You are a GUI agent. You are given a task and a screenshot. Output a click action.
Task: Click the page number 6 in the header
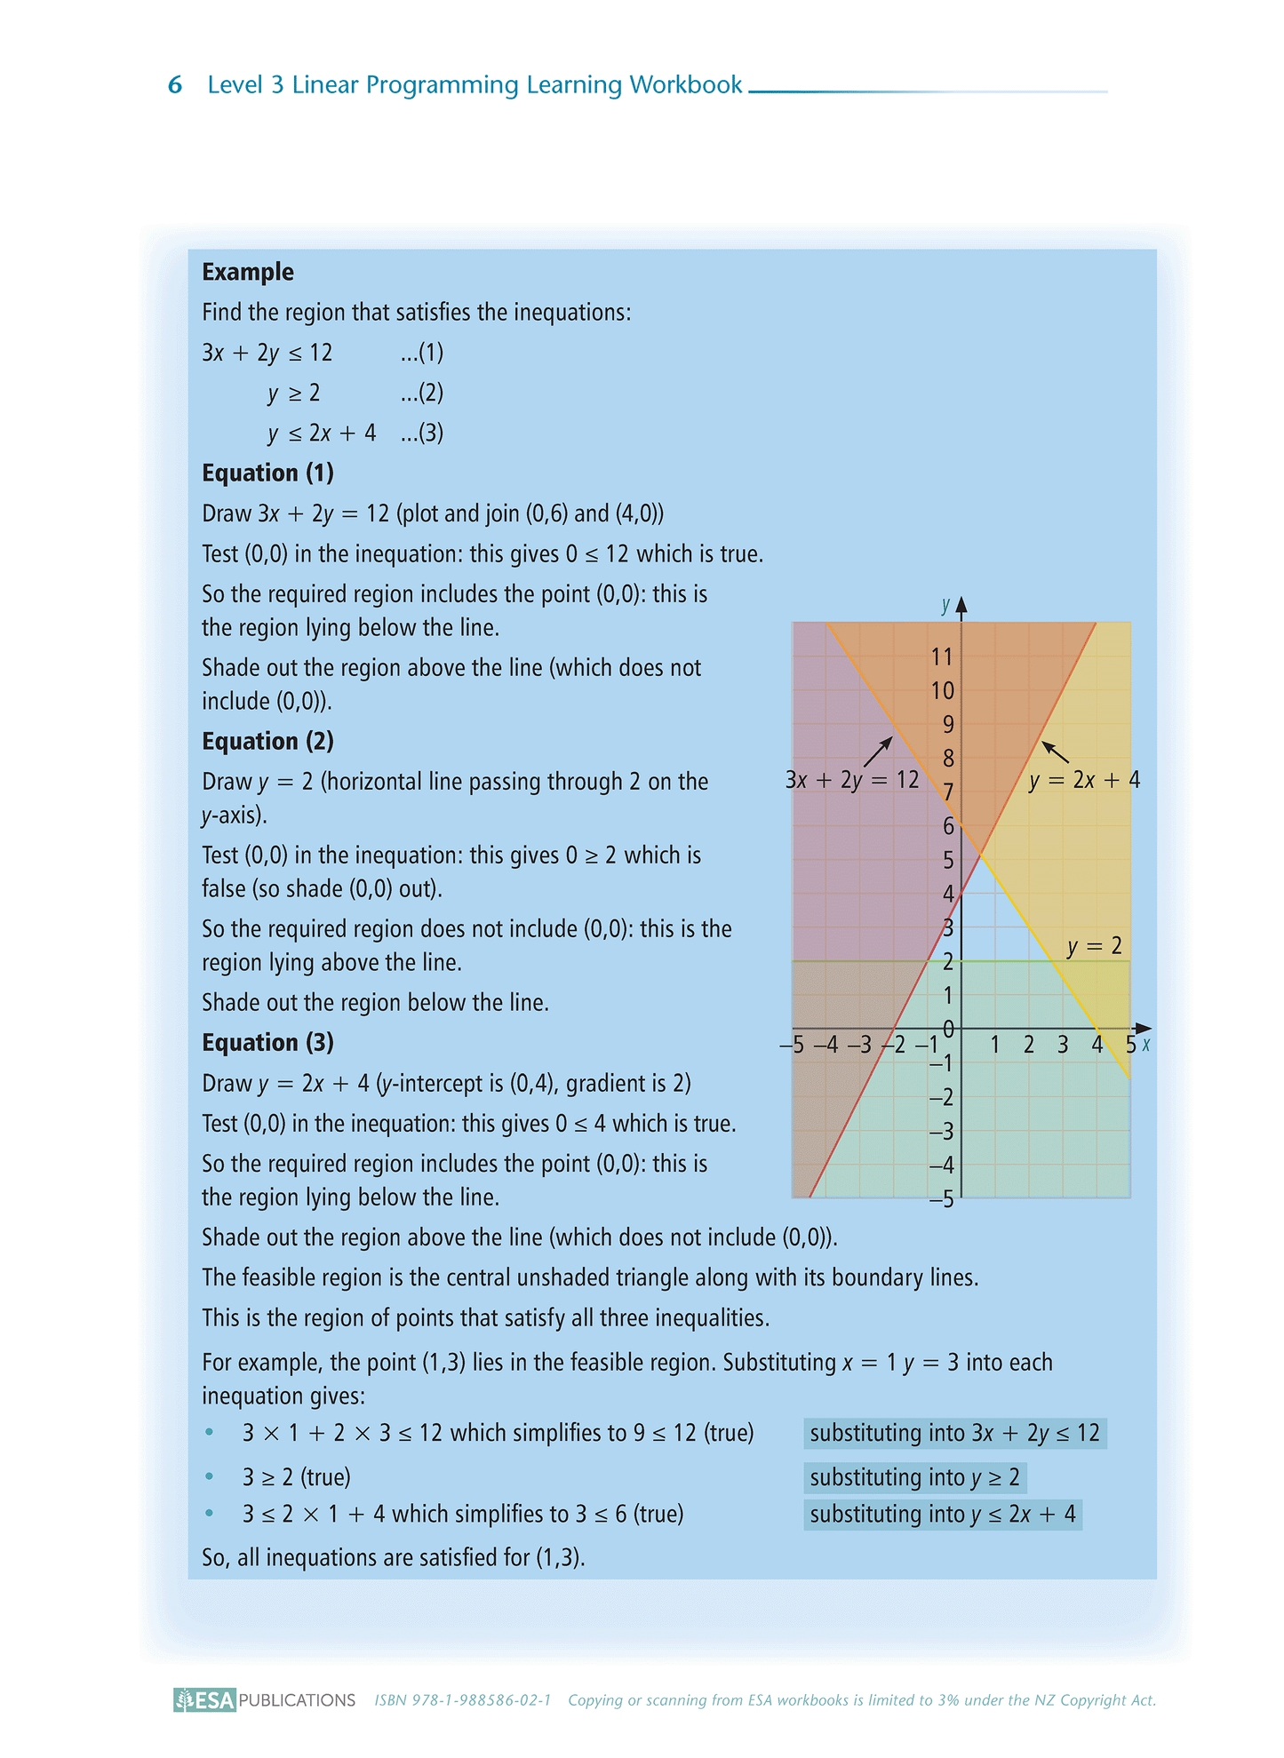[x=175, y=85]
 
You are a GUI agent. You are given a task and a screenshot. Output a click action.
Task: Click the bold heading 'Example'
[x=247, y=272]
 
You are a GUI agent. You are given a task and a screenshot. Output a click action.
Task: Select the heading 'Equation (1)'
[x=267, y=473]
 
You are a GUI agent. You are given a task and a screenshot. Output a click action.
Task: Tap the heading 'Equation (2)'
[x=267, y=741]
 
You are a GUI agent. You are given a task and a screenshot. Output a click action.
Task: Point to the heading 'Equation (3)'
[x=267, y=1042]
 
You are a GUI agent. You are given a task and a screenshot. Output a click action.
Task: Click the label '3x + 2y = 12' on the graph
[x=852, y=780]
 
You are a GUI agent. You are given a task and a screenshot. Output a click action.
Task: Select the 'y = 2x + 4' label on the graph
[x=1084, y=780]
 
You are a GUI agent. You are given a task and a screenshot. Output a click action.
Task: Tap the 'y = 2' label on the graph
[x=1095, y=946]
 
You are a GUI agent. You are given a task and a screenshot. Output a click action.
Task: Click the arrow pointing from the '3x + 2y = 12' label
[x=877, y=751]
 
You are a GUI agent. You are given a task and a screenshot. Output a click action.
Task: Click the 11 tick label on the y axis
[x=942, y=656]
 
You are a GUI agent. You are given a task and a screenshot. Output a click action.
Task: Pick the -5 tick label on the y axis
[x=941, y=1199]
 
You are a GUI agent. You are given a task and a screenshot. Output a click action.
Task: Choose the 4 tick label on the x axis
[x=1097, y=1045]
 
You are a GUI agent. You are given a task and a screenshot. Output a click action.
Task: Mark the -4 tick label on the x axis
[x=825, y=1045]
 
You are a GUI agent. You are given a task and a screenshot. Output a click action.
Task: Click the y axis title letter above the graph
[x=945, y=606]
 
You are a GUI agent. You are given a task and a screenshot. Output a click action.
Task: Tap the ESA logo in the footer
[x=205, y=1700]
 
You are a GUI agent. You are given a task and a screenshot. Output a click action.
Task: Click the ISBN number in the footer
[x=463, y=1700]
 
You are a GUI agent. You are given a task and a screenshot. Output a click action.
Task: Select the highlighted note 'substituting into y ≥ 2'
[x=914, y=1477]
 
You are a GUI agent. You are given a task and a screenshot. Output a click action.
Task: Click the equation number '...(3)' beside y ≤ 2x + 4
[x=421, y=433]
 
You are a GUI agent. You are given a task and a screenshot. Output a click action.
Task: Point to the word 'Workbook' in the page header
[x=685, y=85]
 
